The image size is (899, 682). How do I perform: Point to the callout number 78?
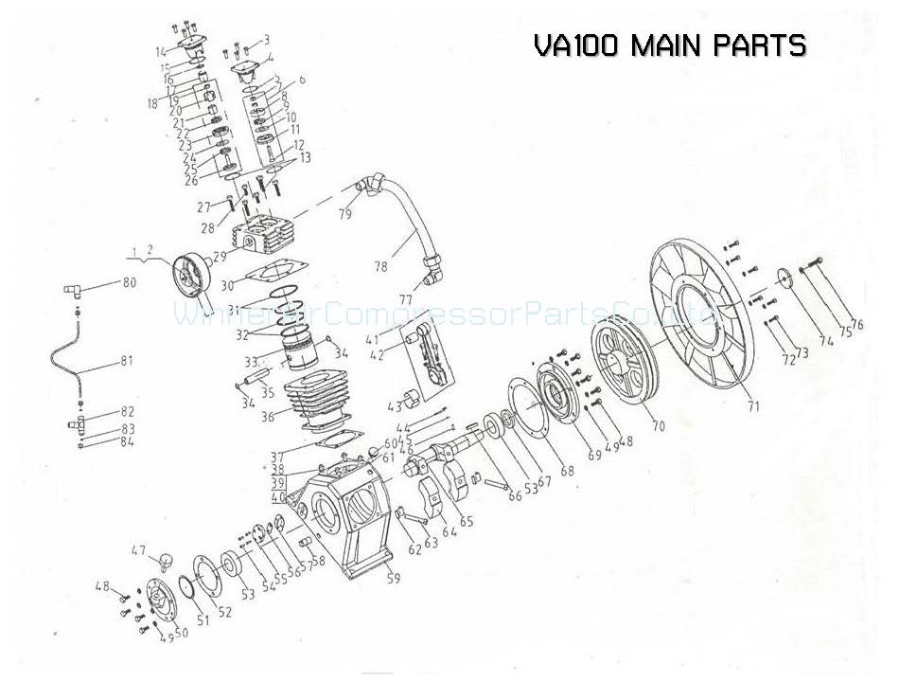(380, 268)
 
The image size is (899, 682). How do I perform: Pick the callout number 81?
(125, 361)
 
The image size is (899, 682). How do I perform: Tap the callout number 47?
(138, 549)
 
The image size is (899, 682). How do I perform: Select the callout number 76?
(857, 325)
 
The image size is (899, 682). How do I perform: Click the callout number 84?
(127, 442)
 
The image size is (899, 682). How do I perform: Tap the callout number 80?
(129, 282)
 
